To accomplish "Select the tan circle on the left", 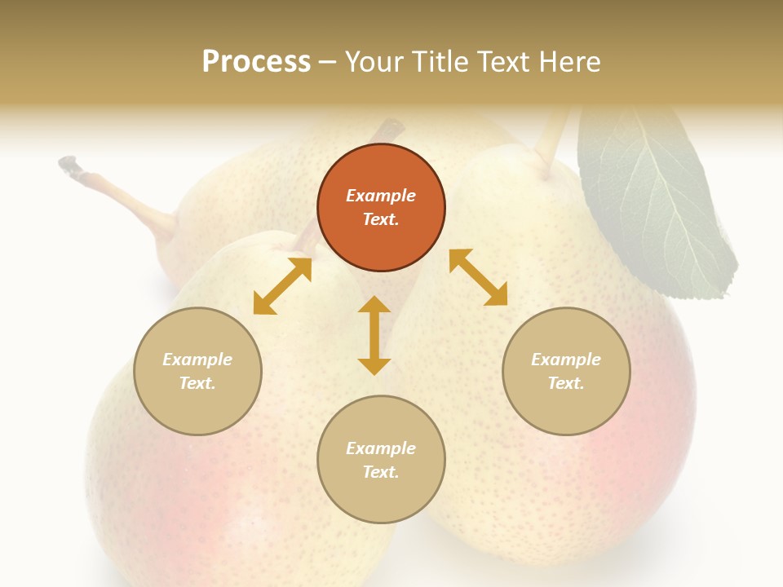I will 197,371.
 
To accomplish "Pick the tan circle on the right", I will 566,371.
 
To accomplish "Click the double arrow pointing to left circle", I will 282,286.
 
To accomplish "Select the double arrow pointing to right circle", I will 478,277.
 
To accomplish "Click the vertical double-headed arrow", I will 374,335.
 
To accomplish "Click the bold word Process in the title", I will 256,61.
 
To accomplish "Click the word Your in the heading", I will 374,61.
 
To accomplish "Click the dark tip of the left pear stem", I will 68,164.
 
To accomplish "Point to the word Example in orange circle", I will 381,196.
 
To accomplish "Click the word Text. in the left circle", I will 197,383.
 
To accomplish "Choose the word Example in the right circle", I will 566,360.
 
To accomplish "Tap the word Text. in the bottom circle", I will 381,472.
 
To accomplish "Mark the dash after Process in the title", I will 328,62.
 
